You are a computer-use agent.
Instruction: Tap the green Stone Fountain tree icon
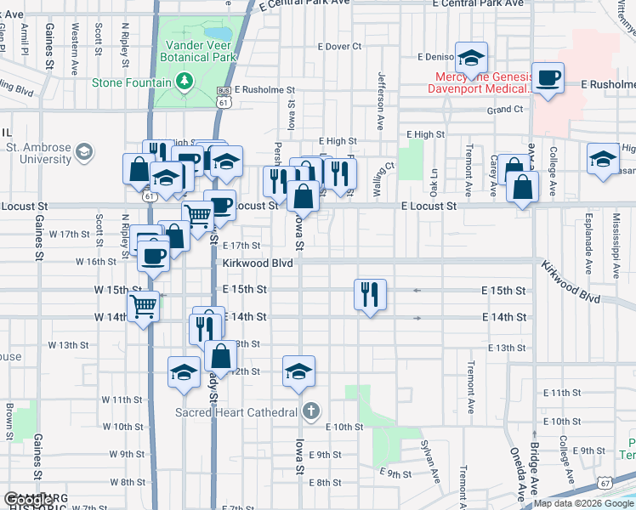[x=184, y=81]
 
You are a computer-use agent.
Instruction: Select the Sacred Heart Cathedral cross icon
[x=312, y=412]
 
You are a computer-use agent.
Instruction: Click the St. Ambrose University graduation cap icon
[x=83, y=152]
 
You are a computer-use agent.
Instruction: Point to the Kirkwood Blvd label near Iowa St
[x=258, y=263]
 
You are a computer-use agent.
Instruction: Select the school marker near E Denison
[x=471, y=58]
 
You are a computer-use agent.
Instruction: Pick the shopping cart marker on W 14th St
[x=144, y=306]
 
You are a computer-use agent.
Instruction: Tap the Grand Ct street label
[x=505, y=110]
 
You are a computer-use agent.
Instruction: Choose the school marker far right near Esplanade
[x=604, y=158]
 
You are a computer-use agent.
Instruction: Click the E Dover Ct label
[x=339, y=47]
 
